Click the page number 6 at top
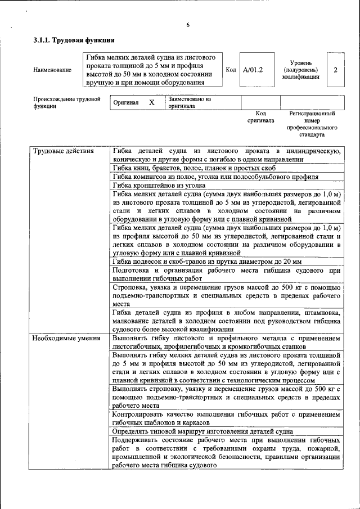pyautogui.click(x=188, y=25)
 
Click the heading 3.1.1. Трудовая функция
pyautogui.click(x=74, y=40)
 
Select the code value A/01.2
pyautogui.click(x=253, y=70)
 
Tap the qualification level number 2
pyautogui.click(x=335, y=70)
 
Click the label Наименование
pyautogui.click(x=52, y=70)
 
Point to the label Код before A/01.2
pyautogui.click(x=231, y=70)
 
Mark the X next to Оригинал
pyautogui.click(x=151, y=103)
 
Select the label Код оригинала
pyautogui.click(x=260, y=116)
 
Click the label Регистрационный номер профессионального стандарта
pyautogui.click(x=312, y=124)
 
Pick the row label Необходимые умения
pyautogui.click(x=66, y=339)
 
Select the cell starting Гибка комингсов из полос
pyautogui.click(x=215, y=177)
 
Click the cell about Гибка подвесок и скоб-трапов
pyautogui.click(x=207, y=262)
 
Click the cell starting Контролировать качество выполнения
pyautogui.click(x=226, y=418)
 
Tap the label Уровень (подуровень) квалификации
pyautogui.click(x=301, y=70)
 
